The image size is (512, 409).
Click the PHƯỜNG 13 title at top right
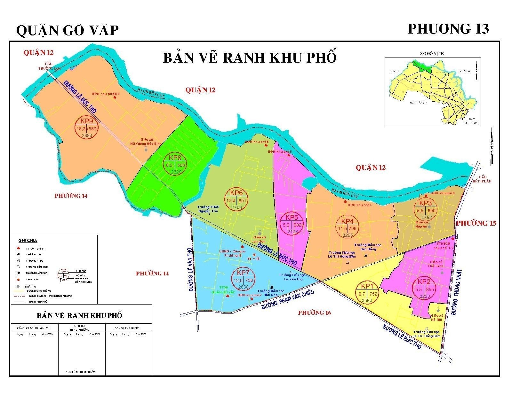coord(448,29)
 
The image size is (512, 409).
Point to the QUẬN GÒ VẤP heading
coord(67,31)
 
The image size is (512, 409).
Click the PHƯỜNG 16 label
coord(315,313)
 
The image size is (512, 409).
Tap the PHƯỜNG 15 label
coord(476,223)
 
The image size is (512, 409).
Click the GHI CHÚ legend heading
coord(28,240)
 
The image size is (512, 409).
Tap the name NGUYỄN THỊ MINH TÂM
coord(80,372)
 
